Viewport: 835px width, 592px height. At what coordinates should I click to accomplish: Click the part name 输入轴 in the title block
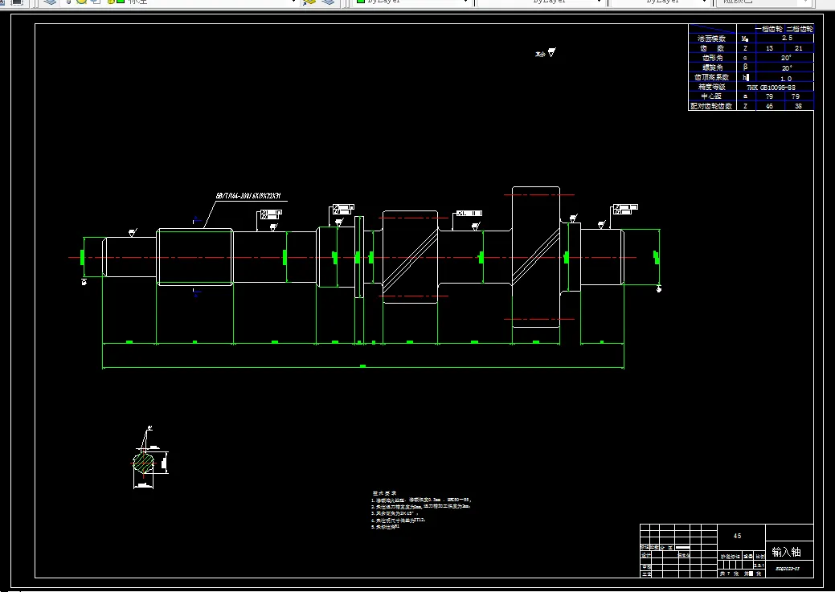785,552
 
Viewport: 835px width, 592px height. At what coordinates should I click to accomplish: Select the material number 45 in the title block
737,535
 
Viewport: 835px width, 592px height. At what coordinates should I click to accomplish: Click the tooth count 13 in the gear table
769,48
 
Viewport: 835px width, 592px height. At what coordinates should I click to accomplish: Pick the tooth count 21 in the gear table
798,48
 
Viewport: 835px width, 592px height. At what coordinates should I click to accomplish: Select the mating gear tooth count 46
769,106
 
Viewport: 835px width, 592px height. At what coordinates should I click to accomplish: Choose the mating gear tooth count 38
798,106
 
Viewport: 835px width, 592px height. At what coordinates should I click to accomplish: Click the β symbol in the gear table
746,67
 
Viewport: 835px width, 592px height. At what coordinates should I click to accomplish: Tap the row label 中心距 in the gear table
711,96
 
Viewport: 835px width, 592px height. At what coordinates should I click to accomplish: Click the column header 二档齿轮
800,29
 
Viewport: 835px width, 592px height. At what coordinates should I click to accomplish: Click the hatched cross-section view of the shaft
143,463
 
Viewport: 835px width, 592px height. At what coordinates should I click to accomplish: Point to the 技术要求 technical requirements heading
383,492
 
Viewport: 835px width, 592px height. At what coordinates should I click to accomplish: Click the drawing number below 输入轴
788,568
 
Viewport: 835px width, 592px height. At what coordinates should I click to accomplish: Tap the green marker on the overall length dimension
362,366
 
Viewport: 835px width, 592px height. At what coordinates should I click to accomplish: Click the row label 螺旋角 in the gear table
711,67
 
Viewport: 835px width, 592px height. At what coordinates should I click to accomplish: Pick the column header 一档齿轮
769,29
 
